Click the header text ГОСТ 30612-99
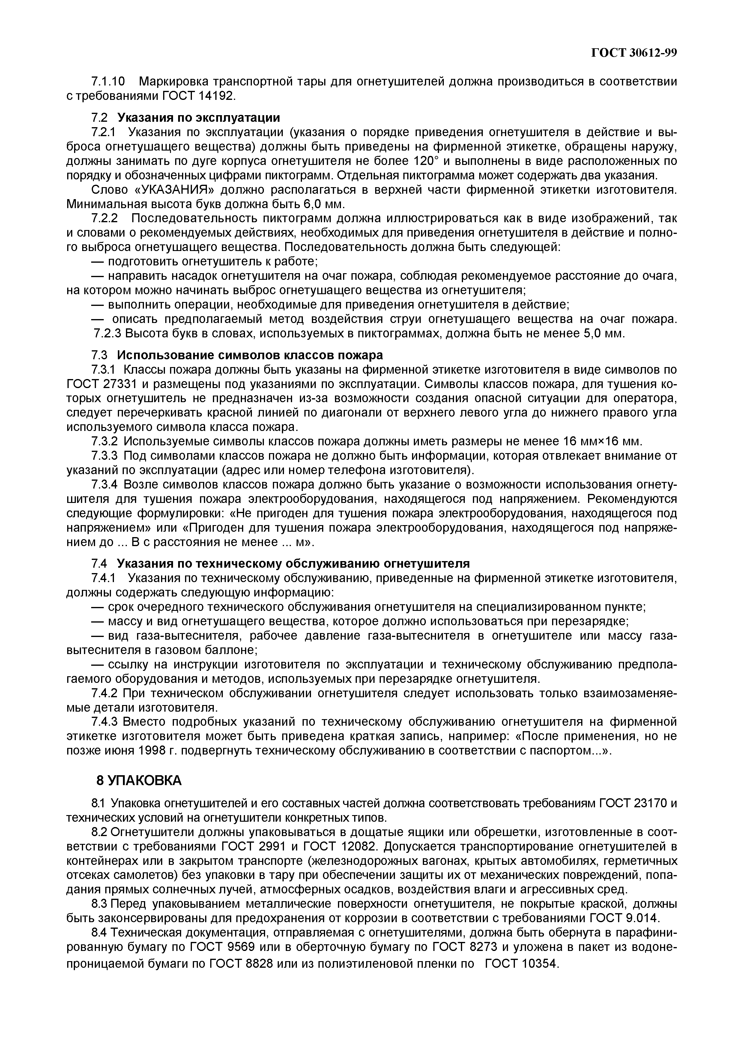pyautogui.click(x=634, y=53)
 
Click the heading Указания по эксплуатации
pyautogui.click(x=198, y=118)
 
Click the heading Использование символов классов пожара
pyautogui.click(x=250, y=355)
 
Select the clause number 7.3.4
pyautogui.click(x=105, y=485)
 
